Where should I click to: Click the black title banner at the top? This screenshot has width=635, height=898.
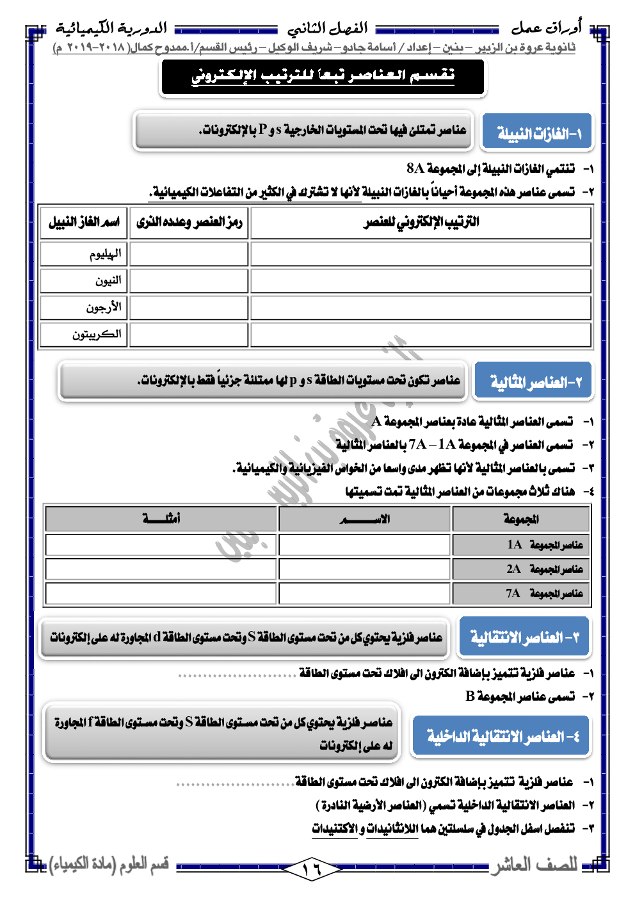(x=323, y=76)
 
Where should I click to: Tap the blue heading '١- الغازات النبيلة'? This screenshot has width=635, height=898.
(x=537, y=133)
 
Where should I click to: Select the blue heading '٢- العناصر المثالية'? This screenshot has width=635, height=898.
(x=533, y=382)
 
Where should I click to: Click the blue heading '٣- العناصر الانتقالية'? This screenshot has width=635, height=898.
(x=524, y=637)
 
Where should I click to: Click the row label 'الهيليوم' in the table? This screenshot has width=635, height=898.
(x=105, y=254)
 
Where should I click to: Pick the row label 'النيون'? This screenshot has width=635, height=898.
(x=108, y=281)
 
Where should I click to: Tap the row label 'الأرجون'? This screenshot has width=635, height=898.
(x=104, y=308)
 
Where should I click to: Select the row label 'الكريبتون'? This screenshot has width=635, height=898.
(x=97, y=335)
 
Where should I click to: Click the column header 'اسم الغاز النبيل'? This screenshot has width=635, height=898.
(x=84, y=222)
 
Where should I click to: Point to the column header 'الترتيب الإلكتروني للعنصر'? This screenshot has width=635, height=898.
(x=421, y=222)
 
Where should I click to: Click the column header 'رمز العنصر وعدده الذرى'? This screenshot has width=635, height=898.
(x=189, y=222)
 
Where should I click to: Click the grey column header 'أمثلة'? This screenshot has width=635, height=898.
(x=161, y=518)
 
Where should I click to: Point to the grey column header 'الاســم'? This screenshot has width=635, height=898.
(x=364, y=518)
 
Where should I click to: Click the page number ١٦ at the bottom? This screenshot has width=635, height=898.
(x=312, y=869)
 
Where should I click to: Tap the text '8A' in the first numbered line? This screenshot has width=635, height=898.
(x=415, y=168)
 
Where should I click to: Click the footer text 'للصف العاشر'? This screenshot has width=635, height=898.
(x=535, y=865)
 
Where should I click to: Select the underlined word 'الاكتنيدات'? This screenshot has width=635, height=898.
(x=335, y=828)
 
